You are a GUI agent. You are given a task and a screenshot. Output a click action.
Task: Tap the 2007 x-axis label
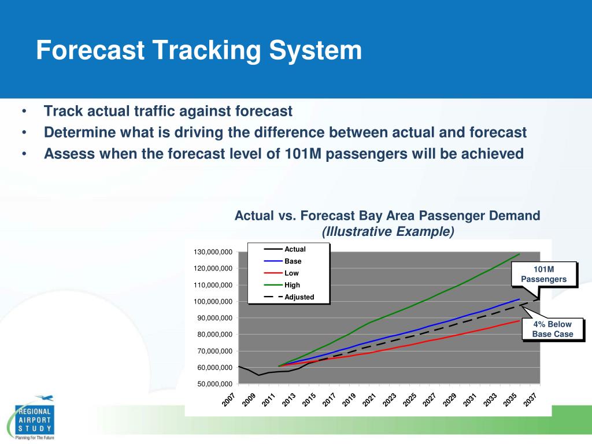(229, 399)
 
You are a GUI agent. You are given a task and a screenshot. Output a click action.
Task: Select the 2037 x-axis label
(531, 399)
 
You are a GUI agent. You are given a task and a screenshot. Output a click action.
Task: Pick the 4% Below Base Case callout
(553, 330)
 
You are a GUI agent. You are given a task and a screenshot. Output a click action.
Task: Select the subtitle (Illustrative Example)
(388, 232)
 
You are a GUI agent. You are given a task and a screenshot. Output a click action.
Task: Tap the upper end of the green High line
(519, 254)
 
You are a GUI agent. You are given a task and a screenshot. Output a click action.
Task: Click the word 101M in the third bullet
(299, 154)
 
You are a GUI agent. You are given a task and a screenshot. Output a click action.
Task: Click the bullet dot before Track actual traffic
(24, 112)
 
